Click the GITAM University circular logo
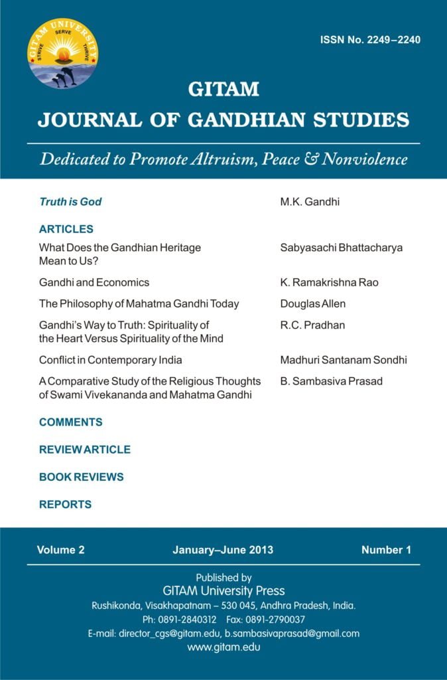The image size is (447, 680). point(63,54)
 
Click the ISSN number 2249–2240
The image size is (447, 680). point(370,40)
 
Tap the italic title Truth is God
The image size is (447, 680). point(70,201)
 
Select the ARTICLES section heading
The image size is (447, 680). point(66,229)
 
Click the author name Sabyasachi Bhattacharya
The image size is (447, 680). point(342,248)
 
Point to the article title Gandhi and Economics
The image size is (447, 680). point(94,282)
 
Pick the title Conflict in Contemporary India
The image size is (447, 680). point(111,360)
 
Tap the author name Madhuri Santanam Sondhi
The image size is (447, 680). point(344,360)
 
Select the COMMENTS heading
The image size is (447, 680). point(71,422)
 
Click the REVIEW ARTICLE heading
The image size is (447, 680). point(85,450)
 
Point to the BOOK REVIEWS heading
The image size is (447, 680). point(82,477)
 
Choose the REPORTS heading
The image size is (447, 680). point(65,504)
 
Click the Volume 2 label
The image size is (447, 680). point(61,550)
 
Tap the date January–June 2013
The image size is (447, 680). point(223,550)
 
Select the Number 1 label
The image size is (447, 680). point(386,550)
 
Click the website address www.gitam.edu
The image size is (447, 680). point(223,647)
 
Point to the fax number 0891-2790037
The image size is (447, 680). point(273,620)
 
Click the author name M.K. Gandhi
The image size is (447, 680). point(310,201)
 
